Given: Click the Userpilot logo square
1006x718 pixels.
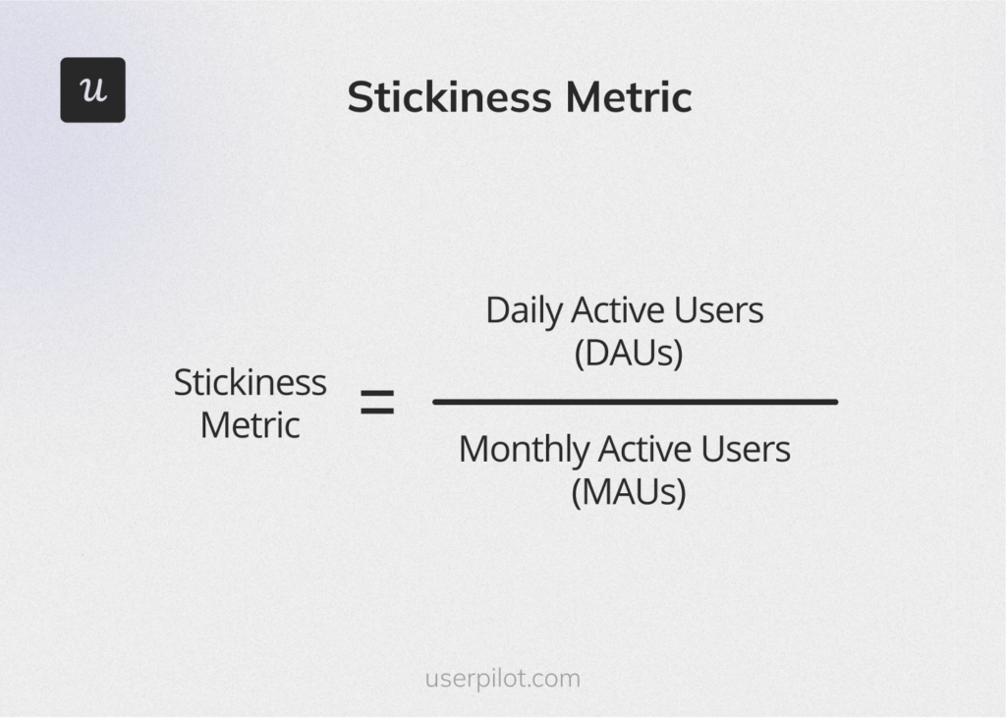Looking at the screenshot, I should (92, 89).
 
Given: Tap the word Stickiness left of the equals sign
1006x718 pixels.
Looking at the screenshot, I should (250, 382).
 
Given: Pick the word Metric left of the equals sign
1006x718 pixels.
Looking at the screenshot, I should (250, 425).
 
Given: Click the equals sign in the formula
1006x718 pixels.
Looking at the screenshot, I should (377, 403).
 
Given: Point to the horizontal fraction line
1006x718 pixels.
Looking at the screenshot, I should (635, 402).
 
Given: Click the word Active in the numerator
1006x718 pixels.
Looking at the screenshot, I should (618, 310).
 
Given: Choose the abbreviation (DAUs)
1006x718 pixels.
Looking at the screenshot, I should (628, 353).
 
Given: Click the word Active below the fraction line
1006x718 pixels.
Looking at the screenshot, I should (644, 449).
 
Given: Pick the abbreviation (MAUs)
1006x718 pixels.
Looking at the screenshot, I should (628, 491).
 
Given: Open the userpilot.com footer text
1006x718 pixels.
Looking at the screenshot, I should (503, 679).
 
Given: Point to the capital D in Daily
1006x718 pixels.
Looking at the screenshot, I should (495, 310).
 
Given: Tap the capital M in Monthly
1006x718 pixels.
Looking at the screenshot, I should (474, 449).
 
